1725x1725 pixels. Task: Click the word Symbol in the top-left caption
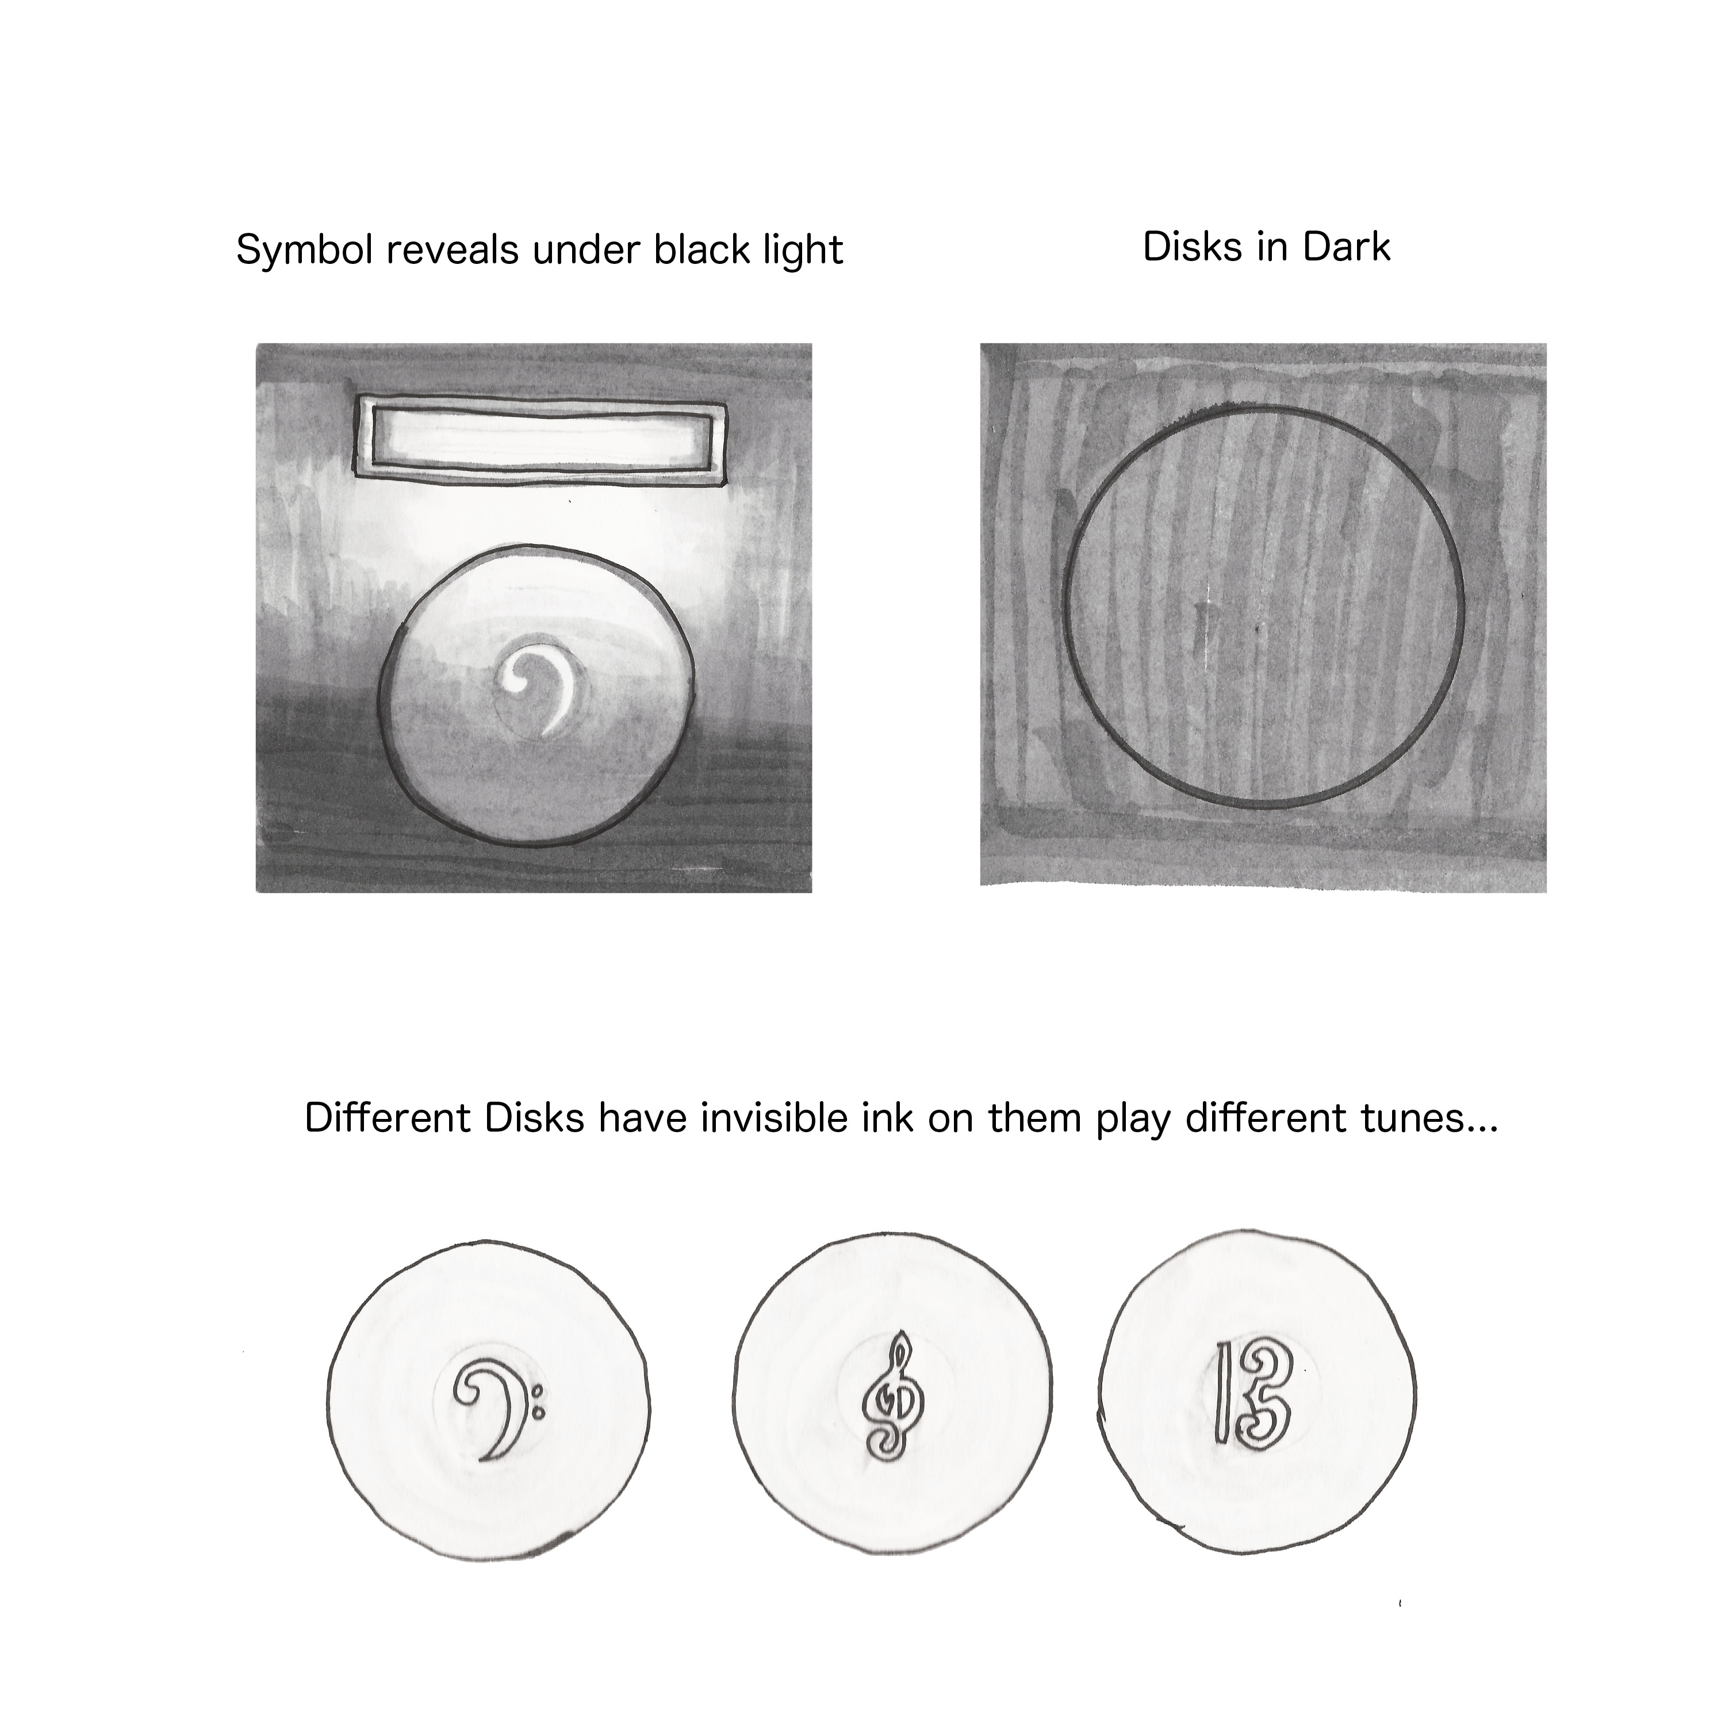click(x=304, y=251)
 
